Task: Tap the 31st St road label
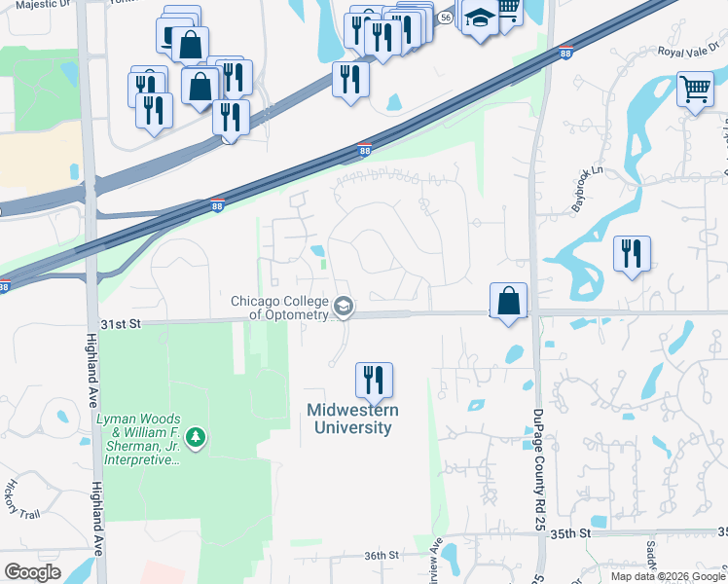[x=122, y=322]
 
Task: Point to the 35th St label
[x=571, y=533]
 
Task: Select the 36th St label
[x=382, y=555]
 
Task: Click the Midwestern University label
[x=349, y=419]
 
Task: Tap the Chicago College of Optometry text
[x=280, y=307]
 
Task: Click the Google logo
[x=32, y=572]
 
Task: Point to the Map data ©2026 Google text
[x=668, y=576]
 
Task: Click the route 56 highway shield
[x=445, y=18]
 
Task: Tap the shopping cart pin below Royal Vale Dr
[x=695, y=91]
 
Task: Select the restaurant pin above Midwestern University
[x=373, y=380]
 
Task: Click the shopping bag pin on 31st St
[x=509, y=300]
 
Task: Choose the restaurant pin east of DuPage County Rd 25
[x=632, y=254]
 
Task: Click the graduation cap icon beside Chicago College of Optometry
[x=343, y=308]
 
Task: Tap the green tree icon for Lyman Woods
[x=197, y=438]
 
